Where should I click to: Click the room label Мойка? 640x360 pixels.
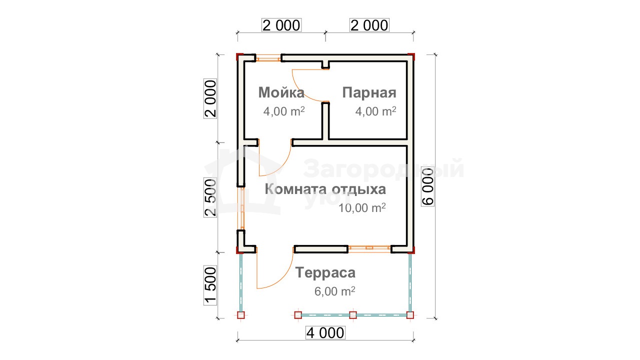[x=281, y=92]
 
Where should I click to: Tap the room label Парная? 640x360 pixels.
[x=369, y=93]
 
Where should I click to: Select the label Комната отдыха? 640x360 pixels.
[x=325, y=189]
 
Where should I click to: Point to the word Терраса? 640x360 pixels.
[x=325, y=272]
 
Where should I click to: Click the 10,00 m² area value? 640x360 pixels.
[x=362, y=208]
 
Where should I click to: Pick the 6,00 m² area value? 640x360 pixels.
[x=335, y=291]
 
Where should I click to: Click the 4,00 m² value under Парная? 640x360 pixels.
[x=375, y=111]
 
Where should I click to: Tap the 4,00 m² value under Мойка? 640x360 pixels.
[x=284, y=111]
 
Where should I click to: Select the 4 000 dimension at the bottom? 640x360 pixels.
[x=325, y=333]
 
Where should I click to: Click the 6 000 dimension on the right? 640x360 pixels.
[x=427, y=186]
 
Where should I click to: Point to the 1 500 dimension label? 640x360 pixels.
[x=210, y=285]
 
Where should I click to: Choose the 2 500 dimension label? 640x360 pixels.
[x=210, y=197]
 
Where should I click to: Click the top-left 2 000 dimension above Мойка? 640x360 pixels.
[x=281, y=25]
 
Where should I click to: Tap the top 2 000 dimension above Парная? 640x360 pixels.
[x=369, y=25]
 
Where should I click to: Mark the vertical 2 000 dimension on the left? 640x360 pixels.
[x=210, y=98]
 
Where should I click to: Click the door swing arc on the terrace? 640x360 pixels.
[x=281, y=279]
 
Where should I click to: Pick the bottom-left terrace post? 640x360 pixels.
[x=241, y=315]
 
